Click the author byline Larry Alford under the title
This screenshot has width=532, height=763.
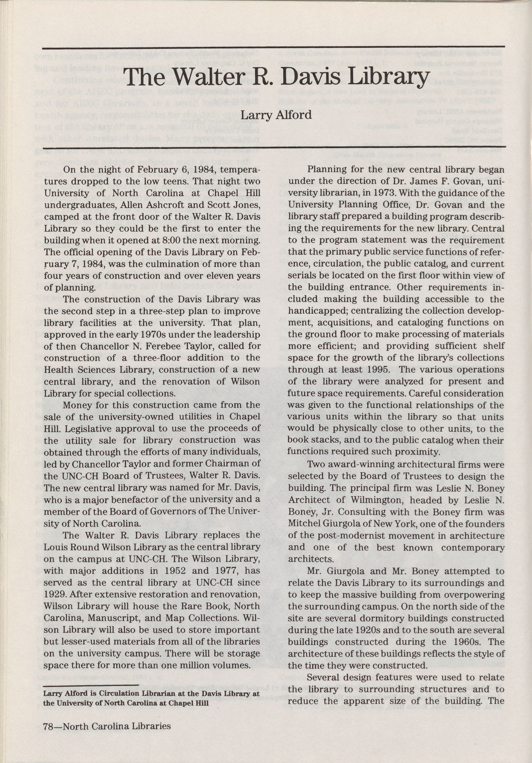pyautogui.click(x=276, y=115)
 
